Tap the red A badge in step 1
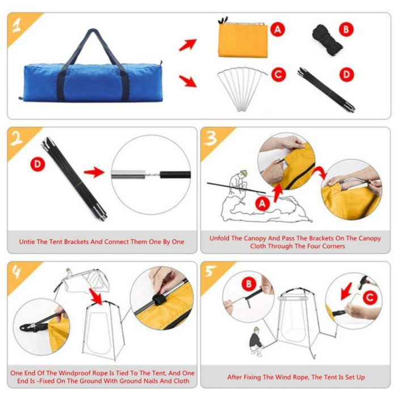coord(278,29)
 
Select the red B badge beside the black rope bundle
coord(346,29)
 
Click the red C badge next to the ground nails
coord(278,75)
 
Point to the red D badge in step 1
coord(347,74)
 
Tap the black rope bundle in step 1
coord(327,40)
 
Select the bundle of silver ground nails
coord(242,88)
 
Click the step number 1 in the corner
coord(17,26)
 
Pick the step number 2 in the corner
coord(17,140)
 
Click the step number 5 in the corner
coord(210,272)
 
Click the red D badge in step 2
coord(38,164)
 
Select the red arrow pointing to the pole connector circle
coord(94,172)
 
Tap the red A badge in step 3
coord(262,203)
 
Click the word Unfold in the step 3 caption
coord(219,238)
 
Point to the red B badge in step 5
coord(248,284)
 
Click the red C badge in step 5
coord(370,297)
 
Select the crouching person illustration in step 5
coord(257,342)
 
